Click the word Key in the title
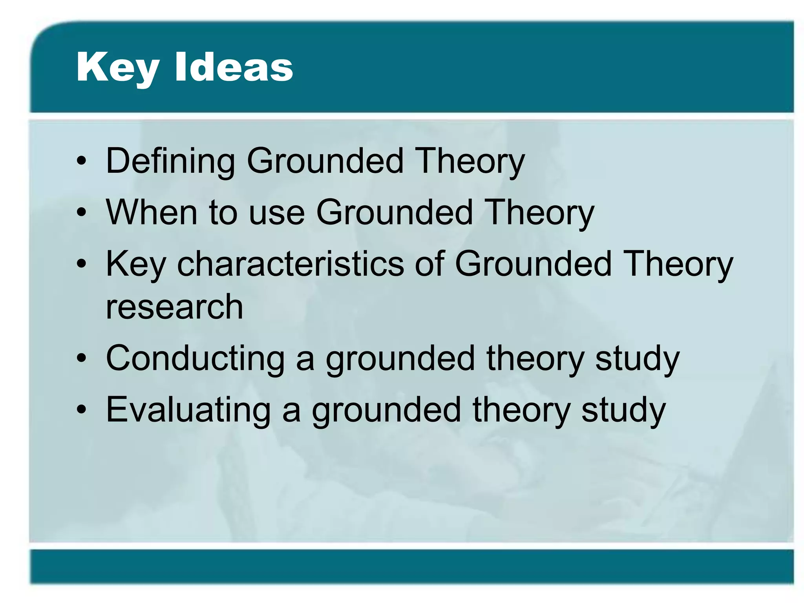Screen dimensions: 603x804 click(118, 68)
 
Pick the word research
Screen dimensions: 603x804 click(174, 307)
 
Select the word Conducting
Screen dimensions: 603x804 click(195, 358)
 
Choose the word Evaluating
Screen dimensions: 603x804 click(188, 410)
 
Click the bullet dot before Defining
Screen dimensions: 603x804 click(81, 161)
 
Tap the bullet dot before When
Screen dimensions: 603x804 click(81, 213)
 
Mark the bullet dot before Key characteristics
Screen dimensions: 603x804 click(81, 264)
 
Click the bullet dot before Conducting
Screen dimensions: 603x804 click(81, 359)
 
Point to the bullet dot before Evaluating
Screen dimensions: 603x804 click(81, 410)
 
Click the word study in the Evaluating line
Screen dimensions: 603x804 click(623, 411)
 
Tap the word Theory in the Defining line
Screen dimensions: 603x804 click(470, 161)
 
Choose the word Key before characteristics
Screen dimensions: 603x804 click(136, 264)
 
